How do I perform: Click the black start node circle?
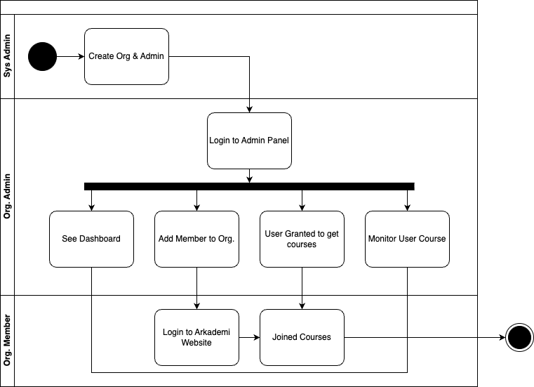(42, 56)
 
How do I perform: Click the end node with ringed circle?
(519, 338)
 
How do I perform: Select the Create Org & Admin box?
(126, 56)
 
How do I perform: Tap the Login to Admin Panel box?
(249, 140)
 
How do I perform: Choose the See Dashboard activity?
(91, 239)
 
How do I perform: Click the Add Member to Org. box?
(196, 239)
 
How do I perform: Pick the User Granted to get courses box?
(302, 239)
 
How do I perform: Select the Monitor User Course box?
(407, 239)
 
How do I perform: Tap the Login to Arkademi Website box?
(196, 337)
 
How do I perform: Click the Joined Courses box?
(302, 337)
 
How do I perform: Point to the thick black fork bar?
(249, 186)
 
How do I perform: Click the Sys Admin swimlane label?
(7, 56)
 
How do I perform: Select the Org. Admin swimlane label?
(7, 197)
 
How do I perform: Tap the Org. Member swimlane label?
(7, 341)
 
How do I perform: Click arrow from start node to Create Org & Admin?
(70, 56)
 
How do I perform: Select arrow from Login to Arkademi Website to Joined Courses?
(249, 337)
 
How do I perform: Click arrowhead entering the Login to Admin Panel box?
(249, 109)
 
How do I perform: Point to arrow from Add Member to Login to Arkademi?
(196, 288)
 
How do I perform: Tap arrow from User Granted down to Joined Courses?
(302, 288)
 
